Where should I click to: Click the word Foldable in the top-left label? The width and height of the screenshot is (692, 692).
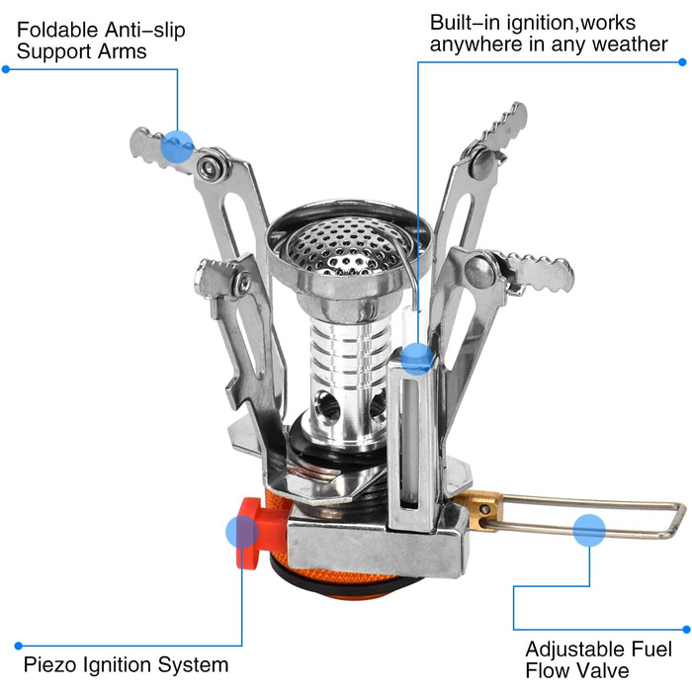point(57,31)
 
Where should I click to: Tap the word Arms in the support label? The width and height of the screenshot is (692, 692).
point(123,51)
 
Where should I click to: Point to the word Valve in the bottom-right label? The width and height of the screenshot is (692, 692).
point(604,670)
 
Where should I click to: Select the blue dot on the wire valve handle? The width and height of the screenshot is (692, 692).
point(589,530)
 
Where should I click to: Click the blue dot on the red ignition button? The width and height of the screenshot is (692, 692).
point(242,532)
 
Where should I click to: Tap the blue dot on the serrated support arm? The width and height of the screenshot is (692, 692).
point(177,146)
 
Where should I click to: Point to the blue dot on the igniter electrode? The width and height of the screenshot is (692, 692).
point(417,359)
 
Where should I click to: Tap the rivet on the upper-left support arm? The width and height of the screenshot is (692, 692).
point(211,165)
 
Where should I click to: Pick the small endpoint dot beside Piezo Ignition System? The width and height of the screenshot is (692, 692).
point(18,647)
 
